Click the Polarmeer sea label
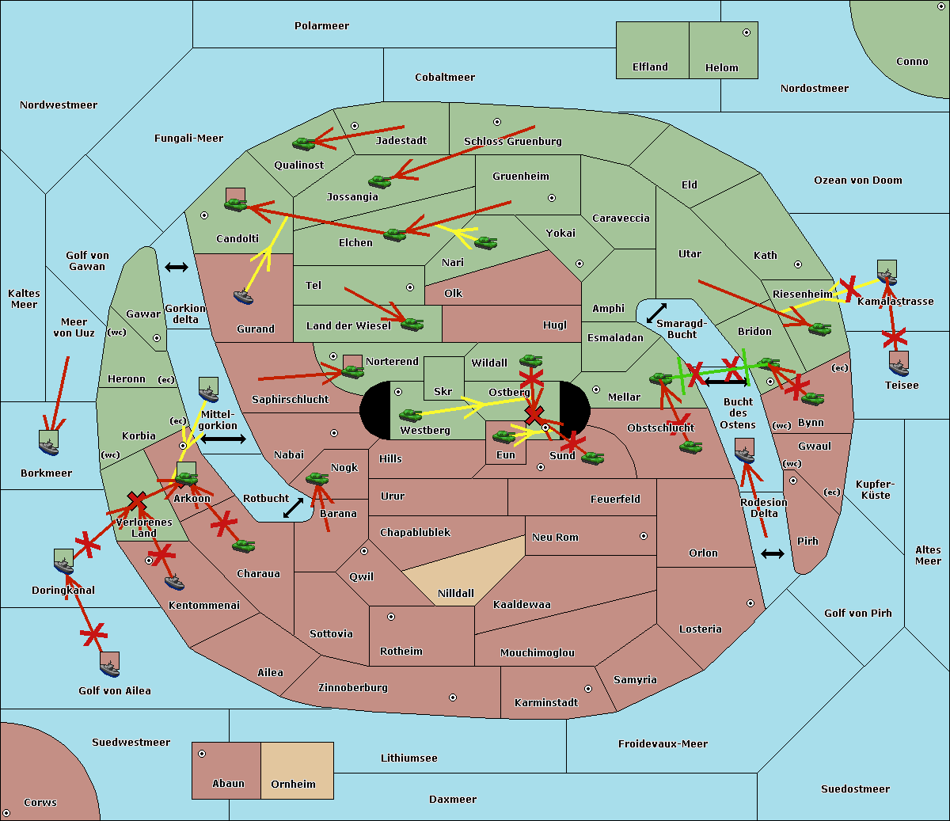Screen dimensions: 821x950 click(x=321, y=26)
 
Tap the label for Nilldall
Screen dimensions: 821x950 click(x=456, y=593)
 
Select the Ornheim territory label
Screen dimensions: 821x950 click(x=293, y=784)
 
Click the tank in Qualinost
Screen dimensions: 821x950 click(x=304, y=143)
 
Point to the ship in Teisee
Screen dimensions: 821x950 click(x=899, y=365)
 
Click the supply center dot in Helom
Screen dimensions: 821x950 click(x=746, y=32)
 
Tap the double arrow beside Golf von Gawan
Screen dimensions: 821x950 click(x=177, y=267)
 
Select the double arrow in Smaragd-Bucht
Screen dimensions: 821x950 click(x=657, y=314)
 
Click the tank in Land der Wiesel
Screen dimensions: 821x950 click(x=412, y=323)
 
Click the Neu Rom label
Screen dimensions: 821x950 click(x=555, y=537)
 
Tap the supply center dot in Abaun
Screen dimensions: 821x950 click(x=202, y=754)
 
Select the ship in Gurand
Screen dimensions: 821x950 click(x=243, y=297)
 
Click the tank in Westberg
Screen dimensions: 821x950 click(x=411, y=415)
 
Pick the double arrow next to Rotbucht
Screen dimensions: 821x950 click(x=294, y=507)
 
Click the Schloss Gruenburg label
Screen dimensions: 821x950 click(x=512, y=142)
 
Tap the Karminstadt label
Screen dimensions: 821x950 click(x=546, y=702)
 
